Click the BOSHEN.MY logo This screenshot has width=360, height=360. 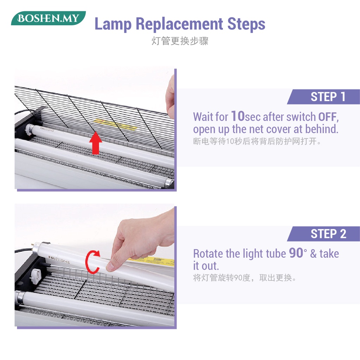pyautogui.click(x=49, y=18)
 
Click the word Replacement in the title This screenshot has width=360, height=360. pyautogui.click(x=179, y=24)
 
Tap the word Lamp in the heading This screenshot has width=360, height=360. pyautogui.click(x=113, y=24)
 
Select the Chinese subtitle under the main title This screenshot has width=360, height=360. pyautogui.click(x=180, y=41)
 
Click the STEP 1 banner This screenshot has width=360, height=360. pyautogui.click(x=323, y=97)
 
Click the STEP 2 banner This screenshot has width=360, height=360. pyautogui.click(x=323, y=234)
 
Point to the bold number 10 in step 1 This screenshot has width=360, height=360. pyautogui.click(x=238, y=116)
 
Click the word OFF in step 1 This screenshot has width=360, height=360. pyautogui.click(x=327, y=117)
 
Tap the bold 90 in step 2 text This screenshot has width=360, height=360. pyautogui.click(x=296, y=253)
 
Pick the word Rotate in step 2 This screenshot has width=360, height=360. pyautogui.click(x=208, y=254)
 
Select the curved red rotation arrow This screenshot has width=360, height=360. pyautogui.click(x=92, y=262)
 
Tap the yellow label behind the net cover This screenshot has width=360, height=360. pyautogui.click(x=116, y=124)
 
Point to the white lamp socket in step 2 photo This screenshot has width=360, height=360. pyautogui.click(x=36, y=275)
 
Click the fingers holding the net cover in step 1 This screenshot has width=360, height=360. pyautogui.click(x=170, y=96)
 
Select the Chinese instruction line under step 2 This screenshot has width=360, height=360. pyautogui.click(x=245, y=278)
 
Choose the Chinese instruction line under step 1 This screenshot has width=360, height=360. pyautogui.click(x=257, y=141)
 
